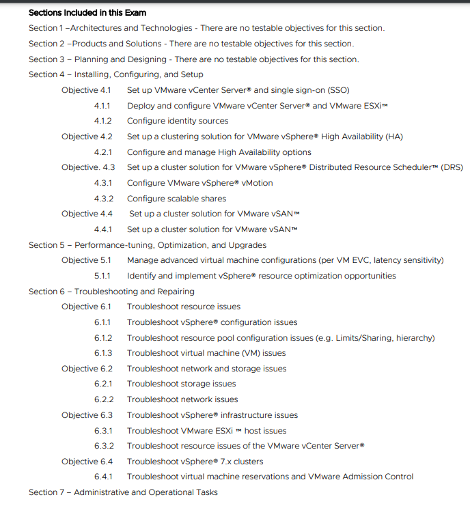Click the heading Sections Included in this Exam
click(87, 12)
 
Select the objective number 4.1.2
click(103, 121)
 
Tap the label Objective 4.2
click(87, 137)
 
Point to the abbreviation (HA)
click(393, 137)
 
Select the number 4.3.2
click(103, 199)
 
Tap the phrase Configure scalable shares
click(176, 199)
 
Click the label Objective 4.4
click(87, 214)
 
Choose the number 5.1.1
click(102, 276)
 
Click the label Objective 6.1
click(87, 307)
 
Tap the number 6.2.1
click(103, 384)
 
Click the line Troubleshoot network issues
click(182, 399)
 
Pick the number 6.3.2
click(103, 446)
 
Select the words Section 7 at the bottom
click(47, 492)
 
